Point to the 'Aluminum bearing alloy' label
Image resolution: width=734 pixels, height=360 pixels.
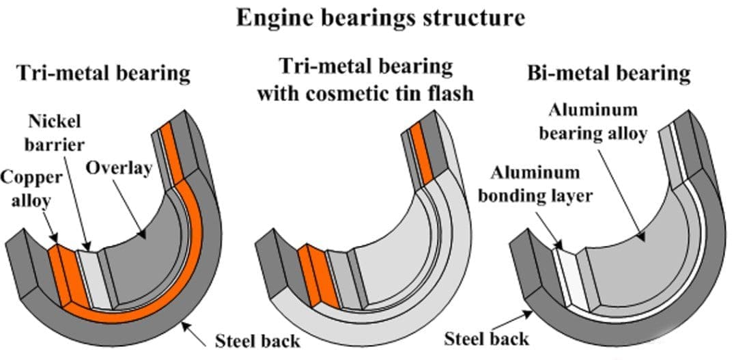(x=592, y=122)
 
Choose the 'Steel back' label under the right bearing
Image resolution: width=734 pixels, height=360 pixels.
(x=487, y=338)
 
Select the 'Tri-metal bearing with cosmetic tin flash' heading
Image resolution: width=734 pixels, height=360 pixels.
(x=365, y=79)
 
